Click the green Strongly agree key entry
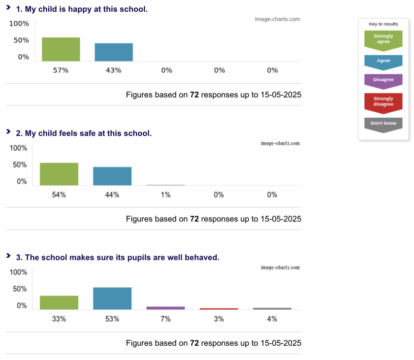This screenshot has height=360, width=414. tap(383, 39)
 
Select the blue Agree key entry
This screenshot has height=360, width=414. tap(383, 61)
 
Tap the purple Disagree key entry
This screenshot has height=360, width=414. tap(383, 79)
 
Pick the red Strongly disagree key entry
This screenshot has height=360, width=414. tap(383, 101)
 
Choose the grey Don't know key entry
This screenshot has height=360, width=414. tap(383, 123)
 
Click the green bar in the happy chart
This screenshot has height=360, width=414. tap(61, 49)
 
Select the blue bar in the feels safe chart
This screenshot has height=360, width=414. tap(112, 176)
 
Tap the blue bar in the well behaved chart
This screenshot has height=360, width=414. tap(112, 298)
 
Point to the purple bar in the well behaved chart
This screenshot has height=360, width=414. tap(165, 308)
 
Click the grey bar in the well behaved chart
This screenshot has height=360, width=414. tap(272, 309)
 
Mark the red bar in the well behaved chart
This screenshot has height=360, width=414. tap(219, 309)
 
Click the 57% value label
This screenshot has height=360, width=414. tap(61, 70)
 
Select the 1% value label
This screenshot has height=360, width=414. tap(165, 195)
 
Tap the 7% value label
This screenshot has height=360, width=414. tap(165, 319)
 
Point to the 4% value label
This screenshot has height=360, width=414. tap(272, 319)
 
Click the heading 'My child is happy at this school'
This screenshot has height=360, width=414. tap(82, 9)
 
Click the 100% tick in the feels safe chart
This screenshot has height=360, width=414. tap(19, 148)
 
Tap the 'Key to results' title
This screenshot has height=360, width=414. tap(383, 24)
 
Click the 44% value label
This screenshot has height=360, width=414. tap(112, 195)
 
